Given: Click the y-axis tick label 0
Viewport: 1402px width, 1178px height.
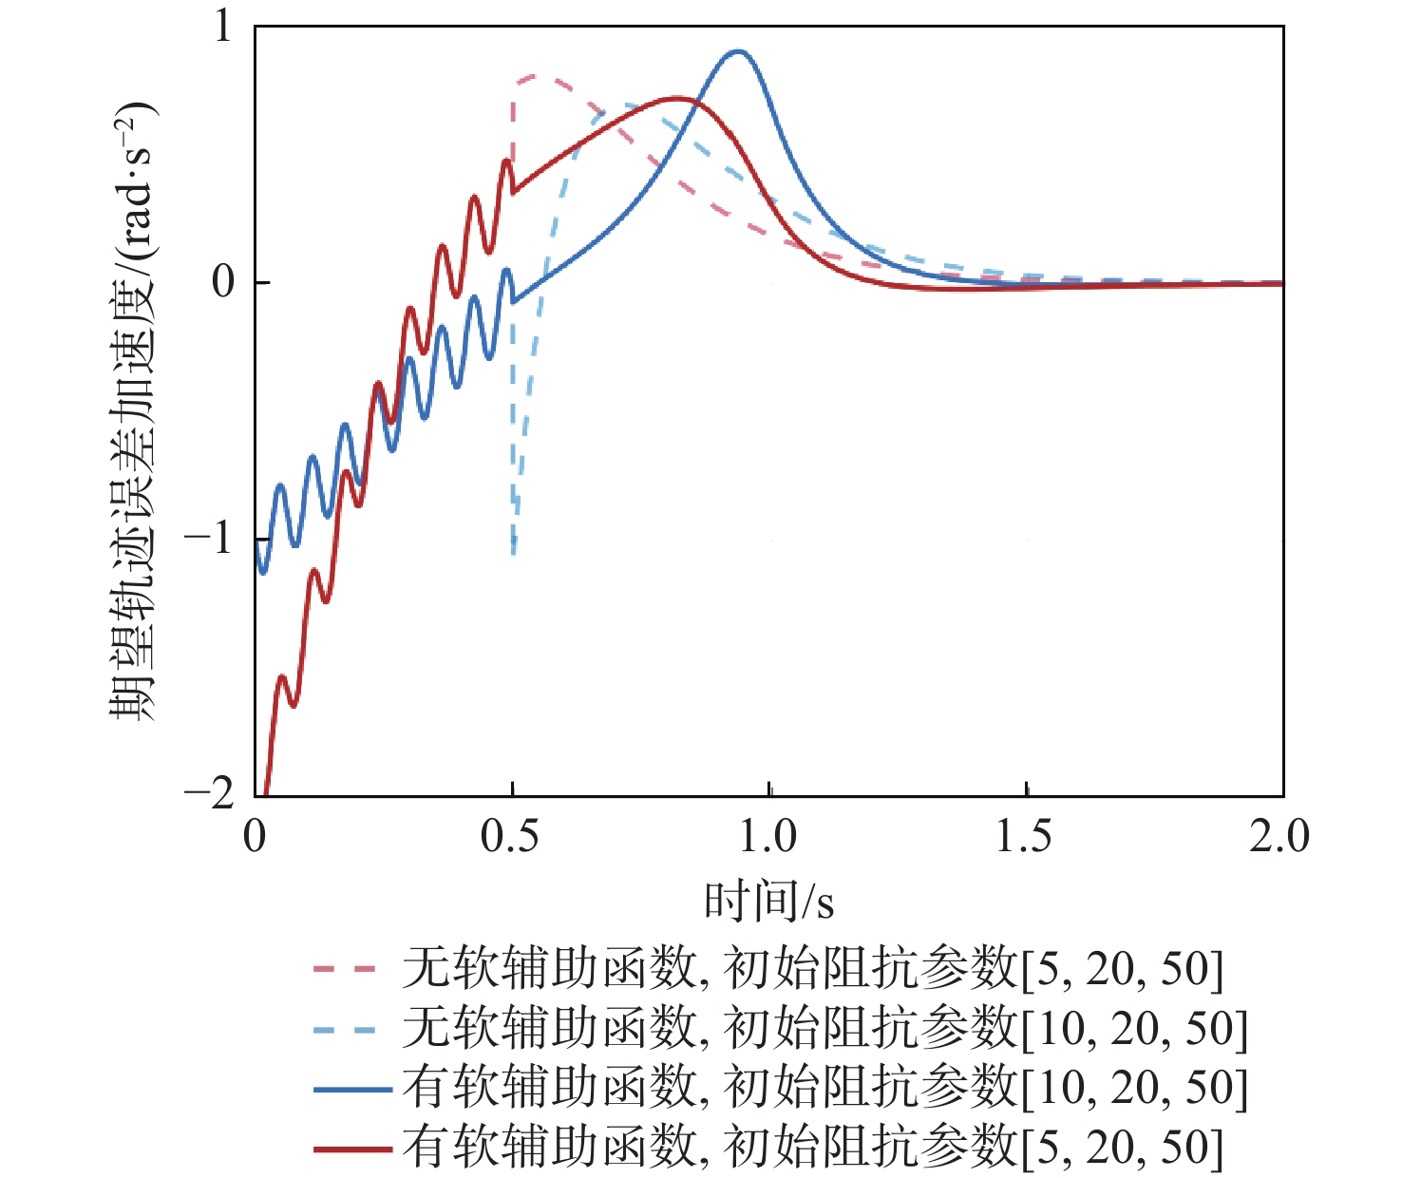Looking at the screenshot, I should pos(223,282).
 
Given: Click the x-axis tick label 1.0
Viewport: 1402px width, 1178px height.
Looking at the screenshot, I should pos(767,837).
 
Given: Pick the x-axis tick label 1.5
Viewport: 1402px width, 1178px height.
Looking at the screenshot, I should pos(1024,837).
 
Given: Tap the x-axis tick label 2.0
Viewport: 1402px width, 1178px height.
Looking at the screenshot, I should pos(1279,837).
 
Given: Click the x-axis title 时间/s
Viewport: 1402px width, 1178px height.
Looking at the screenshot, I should pos(768,901).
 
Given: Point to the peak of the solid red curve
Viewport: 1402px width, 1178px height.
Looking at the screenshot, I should pos(676,98).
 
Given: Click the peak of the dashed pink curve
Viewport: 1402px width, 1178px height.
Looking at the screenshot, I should pos(534,76).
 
